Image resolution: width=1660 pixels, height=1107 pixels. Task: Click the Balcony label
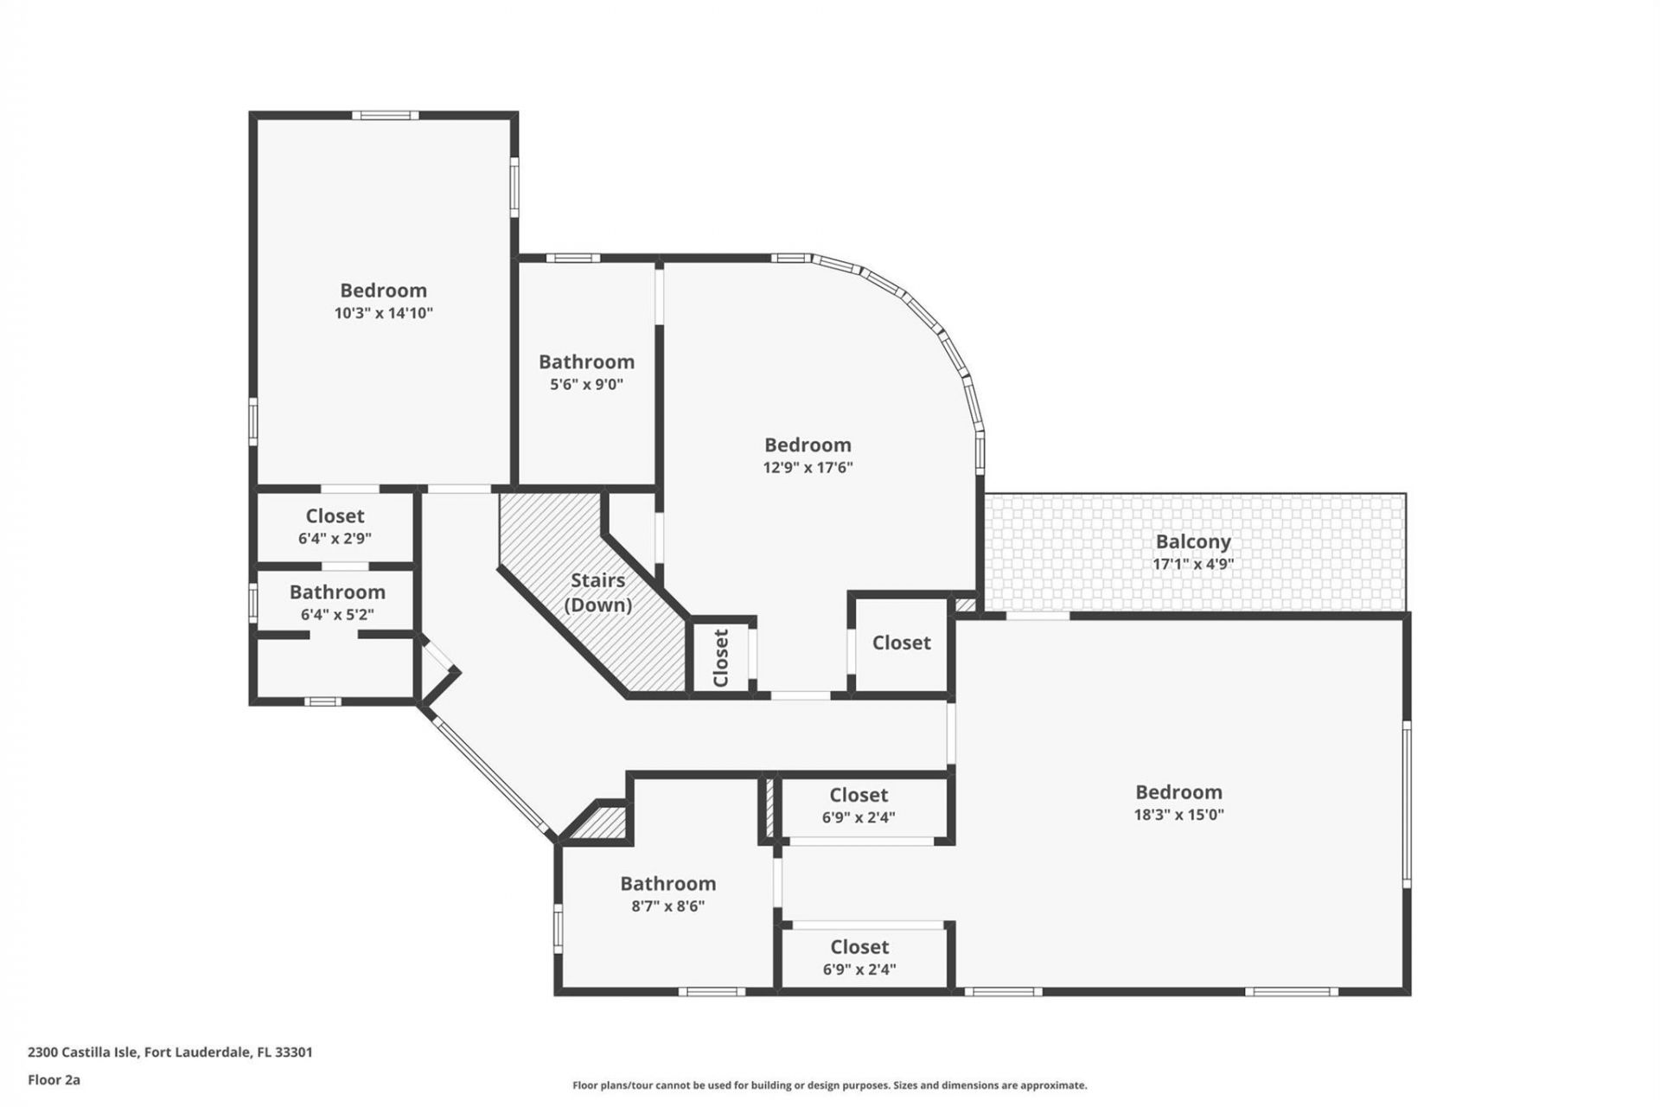point(1193,541)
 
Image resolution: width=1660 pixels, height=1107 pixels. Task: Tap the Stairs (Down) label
point(597,592)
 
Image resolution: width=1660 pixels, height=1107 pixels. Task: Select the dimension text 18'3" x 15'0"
point(1178,815)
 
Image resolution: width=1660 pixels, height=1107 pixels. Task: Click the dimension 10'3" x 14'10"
point(383,313)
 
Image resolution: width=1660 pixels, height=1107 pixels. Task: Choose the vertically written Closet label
point(721,657)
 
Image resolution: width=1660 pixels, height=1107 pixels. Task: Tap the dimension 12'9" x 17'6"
point(808,468)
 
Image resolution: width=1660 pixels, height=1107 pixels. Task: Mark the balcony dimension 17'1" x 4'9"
point(1193,564)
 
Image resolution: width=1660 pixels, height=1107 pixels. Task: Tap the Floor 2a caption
point(54,1079)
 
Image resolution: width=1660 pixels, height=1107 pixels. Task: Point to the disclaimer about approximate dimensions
point(829,1085)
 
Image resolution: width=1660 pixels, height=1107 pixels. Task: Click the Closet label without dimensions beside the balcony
point(901,643)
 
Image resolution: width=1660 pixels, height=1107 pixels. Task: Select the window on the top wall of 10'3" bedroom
point(385,115)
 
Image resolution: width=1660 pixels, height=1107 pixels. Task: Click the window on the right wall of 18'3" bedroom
point(1407,804)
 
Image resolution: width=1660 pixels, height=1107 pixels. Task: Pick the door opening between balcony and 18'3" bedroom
point(1037,616)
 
